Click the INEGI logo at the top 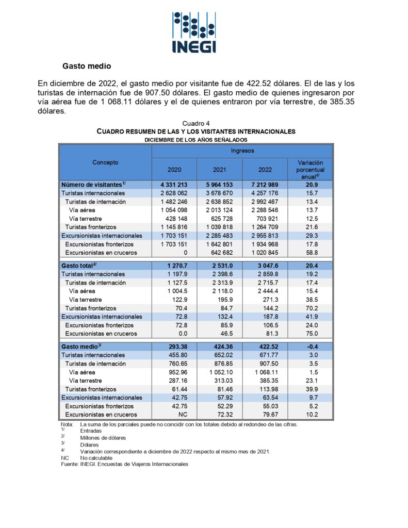pos(194,32)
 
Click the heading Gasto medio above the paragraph pos(87,66)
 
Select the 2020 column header pos(174,170)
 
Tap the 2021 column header pos(219,170)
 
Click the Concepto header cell pos(105,162)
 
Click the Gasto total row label pos(79,266)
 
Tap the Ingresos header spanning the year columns pos(242,151)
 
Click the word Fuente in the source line pos(69,464)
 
